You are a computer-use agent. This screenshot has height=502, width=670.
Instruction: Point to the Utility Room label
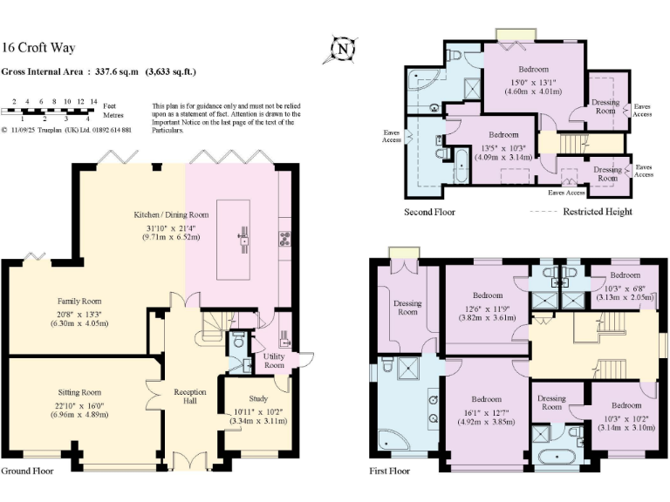(x=274, y=361)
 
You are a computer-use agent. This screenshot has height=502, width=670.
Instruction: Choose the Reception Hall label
(x=190, y=397)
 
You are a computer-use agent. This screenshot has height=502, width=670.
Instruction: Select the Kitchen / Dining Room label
(x=171, y=214)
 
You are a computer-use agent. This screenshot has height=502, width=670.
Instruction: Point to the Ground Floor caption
(x=27, y=471)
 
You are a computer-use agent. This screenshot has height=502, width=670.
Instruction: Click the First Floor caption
(x=388, y=471)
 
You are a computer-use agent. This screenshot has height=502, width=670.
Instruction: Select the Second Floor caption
(x=429, y=212)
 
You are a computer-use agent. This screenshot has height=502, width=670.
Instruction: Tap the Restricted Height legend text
(x=598, y=212)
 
